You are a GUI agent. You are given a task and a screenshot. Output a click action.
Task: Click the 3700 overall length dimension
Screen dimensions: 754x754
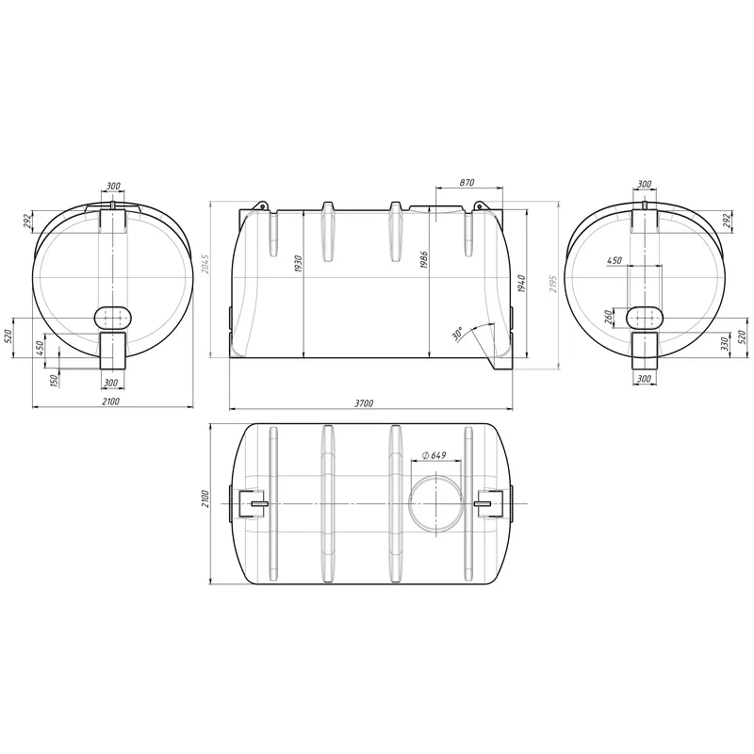tap(364, 403)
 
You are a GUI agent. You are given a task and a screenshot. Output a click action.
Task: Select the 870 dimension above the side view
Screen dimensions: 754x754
tap(467, 183)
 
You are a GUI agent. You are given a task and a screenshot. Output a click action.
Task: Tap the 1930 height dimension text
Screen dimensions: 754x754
tap(298, 265)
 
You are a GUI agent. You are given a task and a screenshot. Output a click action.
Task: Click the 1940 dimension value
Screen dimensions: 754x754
tap(522, 284)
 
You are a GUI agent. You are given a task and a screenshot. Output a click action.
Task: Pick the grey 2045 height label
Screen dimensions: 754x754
tap(205, 264)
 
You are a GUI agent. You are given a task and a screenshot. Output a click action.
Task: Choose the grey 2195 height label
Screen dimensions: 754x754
tap(552, 284)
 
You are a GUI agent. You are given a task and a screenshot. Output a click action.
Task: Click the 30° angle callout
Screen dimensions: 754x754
tap(458, 334)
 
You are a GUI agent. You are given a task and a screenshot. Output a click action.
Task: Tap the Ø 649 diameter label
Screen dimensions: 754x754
tap(434, 455)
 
